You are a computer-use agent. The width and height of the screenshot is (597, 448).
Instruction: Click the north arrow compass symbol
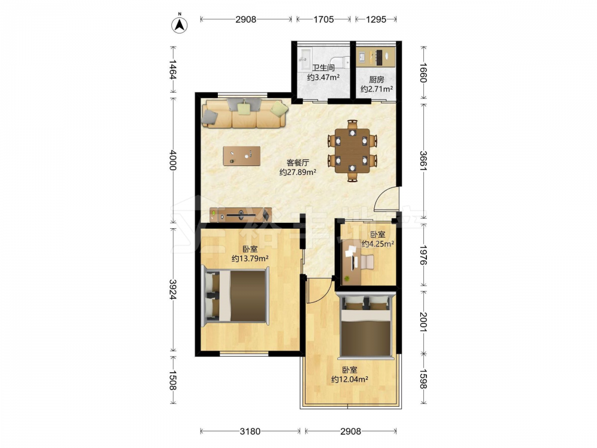[x=179, y=24]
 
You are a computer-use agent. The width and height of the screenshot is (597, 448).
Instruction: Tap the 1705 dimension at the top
[x=324, y=19]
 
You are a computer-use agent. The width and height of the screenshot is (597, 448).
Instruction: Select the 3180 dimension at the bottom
[x=250, y=431]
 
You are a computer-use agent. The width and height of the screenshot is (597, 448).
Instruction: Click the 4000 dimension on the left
[x=173, y=160]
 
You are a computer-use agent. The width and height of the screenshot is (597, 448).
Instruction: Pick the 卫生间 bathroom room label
[x=323, y=68]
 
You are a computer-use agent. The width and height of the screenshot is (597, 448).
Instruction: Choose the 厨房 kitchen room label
[x=377, y=79]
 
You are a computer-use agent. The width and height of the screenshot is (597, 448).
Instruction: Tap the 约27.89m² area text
[x=298, y=172]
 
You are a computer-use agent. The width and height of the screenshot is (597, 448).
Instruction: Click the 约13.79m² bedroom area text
[x=250, y=259]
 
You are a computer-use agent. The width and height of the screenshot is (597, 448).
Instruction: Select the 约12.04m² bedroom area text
[x=349, y=379]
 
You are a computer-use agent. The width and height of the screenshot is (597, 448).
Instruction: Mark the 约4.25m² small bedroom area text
[x=378, y=244]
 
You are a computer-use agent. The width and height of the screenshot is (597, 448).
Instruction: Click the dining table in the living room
[x=352, y=151]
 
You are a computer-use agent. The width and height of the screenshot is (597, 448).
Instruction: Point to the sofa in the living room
[x=245, y=113]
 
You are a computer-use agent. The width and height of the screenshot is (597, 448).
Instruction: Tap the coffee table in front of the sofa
[x=242, y=156]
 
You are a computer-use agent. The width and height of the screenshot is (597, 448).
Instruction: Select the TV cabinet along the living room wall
[x=241, y=215]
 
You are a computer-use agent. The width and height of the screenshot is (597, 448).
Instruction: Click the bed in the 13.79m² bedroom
[x=235, y=296]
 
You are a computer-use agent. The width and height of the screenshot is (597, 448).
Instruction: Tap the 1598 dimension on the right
[x=423, y=379]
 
